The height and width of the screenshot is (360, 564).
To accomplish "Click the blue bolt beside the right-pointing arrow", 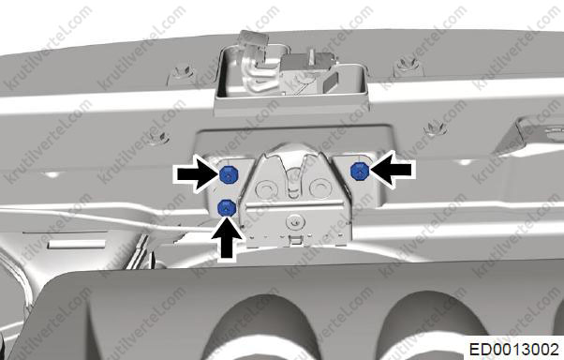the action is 227,175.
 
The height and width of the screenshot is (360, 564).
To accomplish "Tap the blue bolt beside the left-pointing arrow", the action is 360,171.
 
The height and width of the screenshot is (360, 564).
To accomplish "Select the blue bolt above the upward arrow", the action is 227,208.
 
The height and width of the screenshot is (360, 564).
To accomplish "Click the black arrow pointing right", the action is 197,173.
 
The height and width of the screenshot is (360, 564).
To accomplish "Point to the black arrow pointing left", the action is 392,169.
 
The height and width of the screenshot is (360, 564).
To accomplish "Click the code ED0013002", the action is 514,350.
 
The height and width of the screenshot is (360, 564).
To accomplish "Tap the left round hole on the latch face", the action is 265,187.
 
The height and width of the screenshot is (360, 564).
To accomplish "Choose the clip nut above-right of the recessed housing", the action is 406,66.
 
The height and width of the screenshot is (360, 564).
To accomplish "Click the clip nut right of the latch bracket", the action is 436,127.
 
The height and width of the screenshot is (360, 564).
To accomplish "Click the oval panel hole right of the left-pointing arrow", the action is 465,162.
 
